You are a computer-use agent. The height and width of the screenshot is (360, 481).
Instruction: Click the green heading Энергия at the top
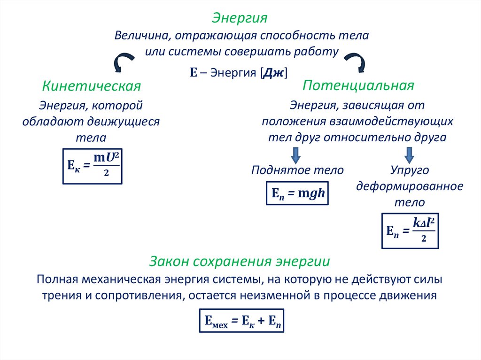[x=240, y=18]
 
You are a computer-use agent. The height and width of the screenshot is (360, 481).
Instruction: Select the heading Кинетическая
[x=92, y=86]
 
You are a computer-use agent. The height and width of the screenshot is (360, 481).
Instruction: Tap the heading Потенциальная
[x=358, y=85]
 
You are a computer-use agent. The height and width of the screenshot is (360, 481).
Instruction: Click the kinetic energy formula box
[x=93, y=166]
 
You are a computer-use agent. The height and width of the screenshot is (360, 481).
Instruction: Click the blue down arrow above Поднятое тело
[x=296, y=154]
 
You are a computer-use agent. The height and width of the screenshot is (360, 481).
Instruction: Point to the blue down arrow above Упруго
[x=409, y=154]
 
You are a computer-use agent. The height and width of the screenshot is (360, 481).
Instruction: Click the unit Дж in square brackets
[x=274, y=73]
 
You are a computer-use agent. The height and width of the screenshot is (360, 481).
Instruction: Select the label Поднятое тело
[x=297, y=170]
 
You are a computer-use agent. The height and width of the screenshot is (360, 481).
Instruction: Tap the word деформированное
[x=410, y=186]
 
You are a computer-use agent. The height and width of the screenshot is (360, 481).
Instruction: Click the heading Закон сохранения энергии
[x=240, y=261]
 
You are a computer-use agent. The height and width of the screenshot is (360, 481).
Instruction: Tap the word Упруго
[x=410, y=170]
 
